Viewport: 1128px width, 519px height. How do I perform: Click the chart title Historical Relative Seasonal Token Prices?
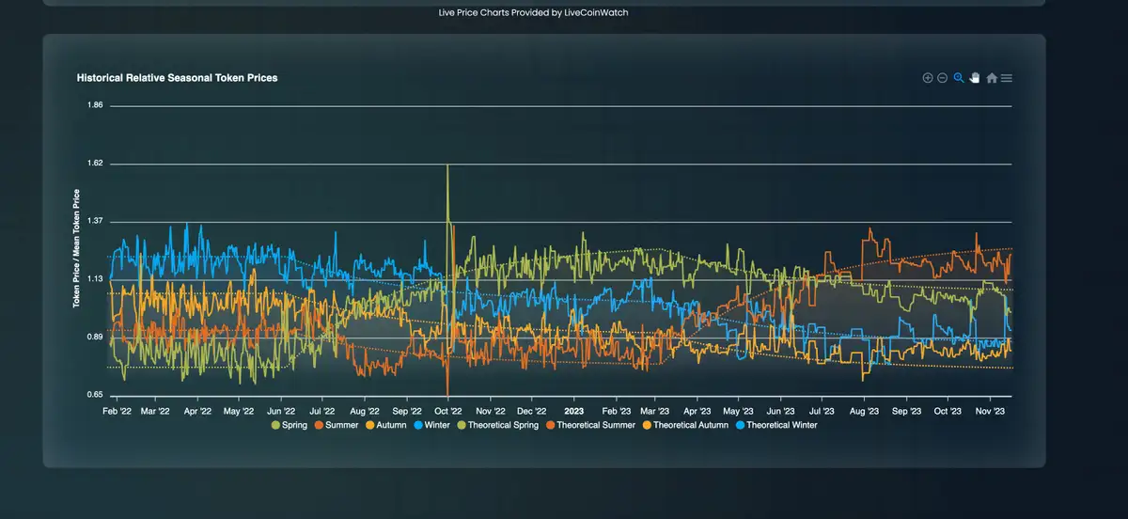point(177,78)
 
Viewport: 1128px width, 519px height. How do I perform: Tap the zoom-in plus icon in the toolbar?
point(928,78)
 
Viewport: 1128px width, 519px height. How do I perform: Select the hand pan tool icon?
point(975,78)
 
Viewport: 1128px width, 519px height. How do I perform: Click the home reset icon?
point(992,78)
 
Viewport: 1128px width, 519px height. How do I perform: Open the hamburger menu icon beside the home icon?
point(1007,78)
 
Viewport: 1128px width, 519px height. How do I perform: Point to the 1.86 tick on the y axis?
point(95,105)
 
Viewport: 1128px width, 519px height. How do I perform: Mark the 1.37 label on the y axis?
point(95,222)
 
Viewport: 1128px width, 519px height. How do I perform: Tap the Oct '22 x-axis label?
point(448,411)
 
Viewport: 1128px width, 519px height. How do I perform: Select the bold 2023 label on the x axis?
point(574,411)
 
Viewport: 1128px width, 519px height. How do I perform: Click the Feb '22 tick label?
point(117,411)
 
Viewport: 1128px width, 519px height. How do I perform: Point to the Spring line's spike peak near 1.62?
point(447,166)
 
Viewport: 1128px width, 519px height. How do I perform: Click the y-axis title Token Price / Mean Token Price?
point(77,249)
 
